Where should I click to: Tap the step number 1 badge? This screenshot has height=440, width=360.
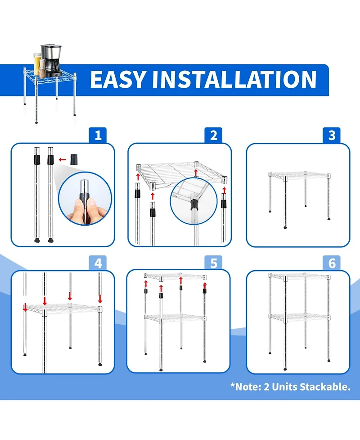pos(98,135)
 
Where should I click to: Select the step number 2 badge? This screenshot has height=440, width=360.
pos(213,135)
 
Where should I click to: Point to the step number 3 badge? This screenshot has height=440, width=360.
pos(332,135)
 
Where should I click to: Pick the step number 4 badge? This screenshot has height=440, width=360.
pos(98,263)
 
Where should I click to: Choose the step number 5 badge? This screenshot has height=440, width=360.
pos(213,263)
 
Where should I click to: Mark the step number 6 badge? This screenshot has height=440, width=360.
pos(332,263)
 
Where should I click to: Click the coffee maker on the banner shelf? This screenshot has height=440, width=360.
pos(52,60)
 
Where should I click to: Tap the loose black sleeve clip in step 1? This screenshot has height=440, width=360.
pos(74,159)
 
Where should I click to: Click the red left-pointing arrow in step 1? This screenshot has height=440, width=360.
pos(62,160)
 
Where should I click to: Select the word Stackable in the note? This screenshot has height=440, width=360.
pos(325,387)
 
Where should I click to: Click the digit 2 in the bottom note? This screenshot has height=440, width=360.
pos(266,387)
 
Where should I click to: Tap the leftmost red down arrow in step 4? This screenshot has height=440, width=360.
pos(25,307)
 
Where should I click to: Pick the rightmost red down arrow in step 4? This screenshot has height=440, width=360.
pos(100,299)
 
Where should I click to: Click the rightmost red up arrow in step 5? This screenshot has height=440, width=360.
pos(205,286)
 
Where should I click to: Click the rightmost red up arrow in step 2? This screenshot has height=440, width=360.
pos(224,191)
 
